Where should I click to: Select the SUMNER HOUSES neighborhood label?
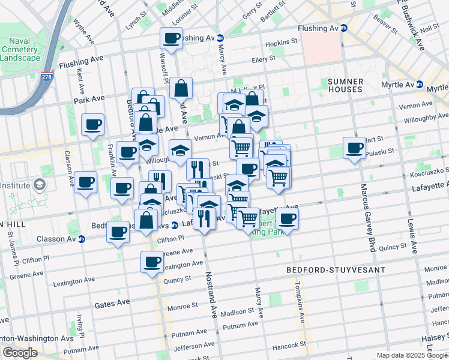point(345,85)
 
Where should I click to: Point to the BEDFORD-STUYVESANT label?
point(336,270)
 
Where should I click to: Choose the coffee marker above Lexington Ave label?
point(152,262)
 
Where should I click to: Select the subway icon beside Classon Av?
point(82,239)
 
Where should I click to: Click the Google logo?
point(20,353)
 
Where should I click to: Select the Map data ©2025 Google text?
point(412,355)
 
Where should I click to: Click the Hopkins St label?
point(282,42)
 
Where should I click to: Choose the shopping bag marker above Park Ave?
point(181,89)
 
